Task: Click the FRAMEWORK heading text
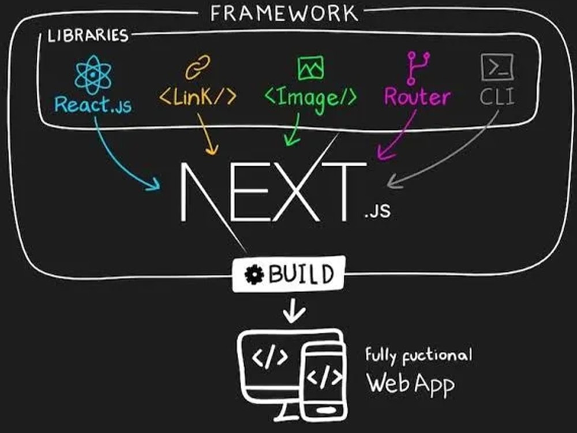[x=284, y=14]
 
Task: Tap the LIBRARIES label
[x=88, y=36]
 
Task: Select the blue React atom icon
[x=93, y=74]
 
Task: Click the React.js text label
[x=93, y=104]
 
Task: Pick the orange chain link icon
[x=197, y=67]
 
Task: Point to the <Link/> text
[x=197, y=96]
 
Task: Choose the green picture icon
[x=311, y=68]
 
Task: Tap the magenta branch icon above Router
[x=418, y=68]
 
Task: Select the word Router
[x=417, y=96]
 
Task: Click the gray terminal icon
[x=497, y=67]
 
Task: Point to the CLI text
[x=497, y=97]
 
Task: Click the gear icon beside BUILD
[x=254, y=274]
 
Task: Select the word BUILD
[x=301, y=274]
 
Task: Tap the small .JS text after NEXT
[x=377, y=210]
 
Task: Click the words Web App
[x=410, y=384]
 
